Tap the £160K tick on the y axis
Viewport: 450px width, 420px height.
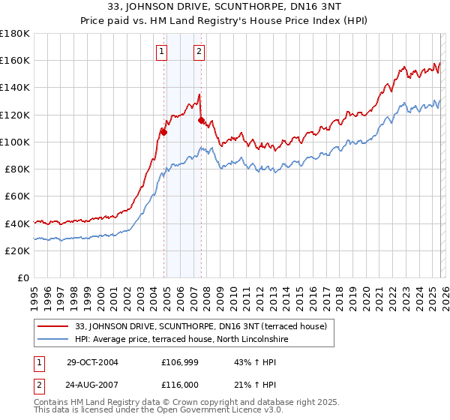[16, 60]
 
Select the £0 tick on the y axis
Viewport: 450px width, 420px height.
[24, 277]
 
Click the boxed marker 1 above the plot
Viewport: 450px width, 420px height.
[163, 52]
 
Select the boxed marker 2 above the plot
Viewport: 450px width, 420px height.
[199, 52]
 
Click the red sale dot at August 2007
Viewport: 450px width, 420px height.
[201, 120]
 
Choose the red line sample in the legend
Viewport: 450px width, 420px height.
[54, 326]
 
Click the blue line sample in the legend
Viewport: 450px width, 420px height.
[54, 340]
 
